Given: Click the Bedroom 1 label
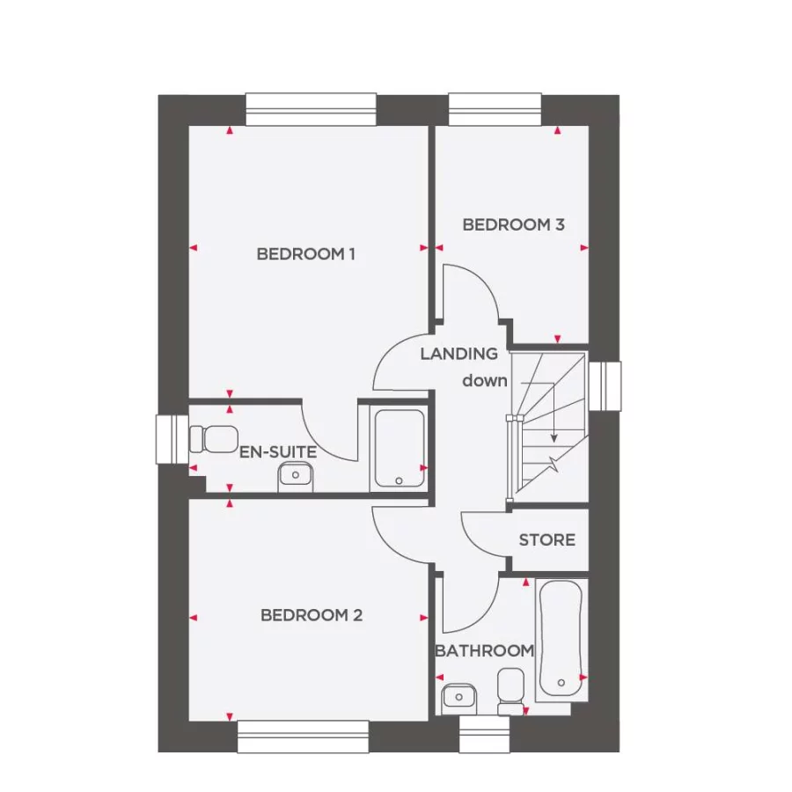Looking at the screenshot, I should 305,254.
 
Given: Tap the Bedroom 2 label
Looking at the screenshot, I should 311,615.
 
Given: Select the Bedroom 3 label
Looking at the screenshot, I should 513,224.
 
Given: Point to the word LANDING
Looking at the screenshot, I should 458,354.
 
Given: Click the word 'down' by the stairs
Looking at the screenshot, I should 485,381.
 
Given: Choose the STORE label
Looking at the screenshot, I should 546,539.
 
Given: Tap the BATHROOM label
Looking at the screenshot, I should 484,651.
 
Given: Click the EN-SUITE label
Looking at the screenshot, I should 278,452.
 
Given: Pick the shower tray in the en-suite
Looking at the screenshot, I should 399,448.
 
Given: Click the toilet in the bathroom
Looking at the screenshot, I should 510,689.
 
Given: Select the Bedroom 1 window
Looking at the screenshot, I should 311,109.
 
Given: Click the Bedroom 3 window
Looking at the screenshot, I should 495,109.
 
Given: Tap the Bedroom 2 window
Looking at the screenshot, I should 303,737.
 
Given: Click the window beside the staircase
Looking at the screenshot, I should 605,386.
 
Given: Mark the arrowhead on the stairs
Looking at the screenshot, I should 554,437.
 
